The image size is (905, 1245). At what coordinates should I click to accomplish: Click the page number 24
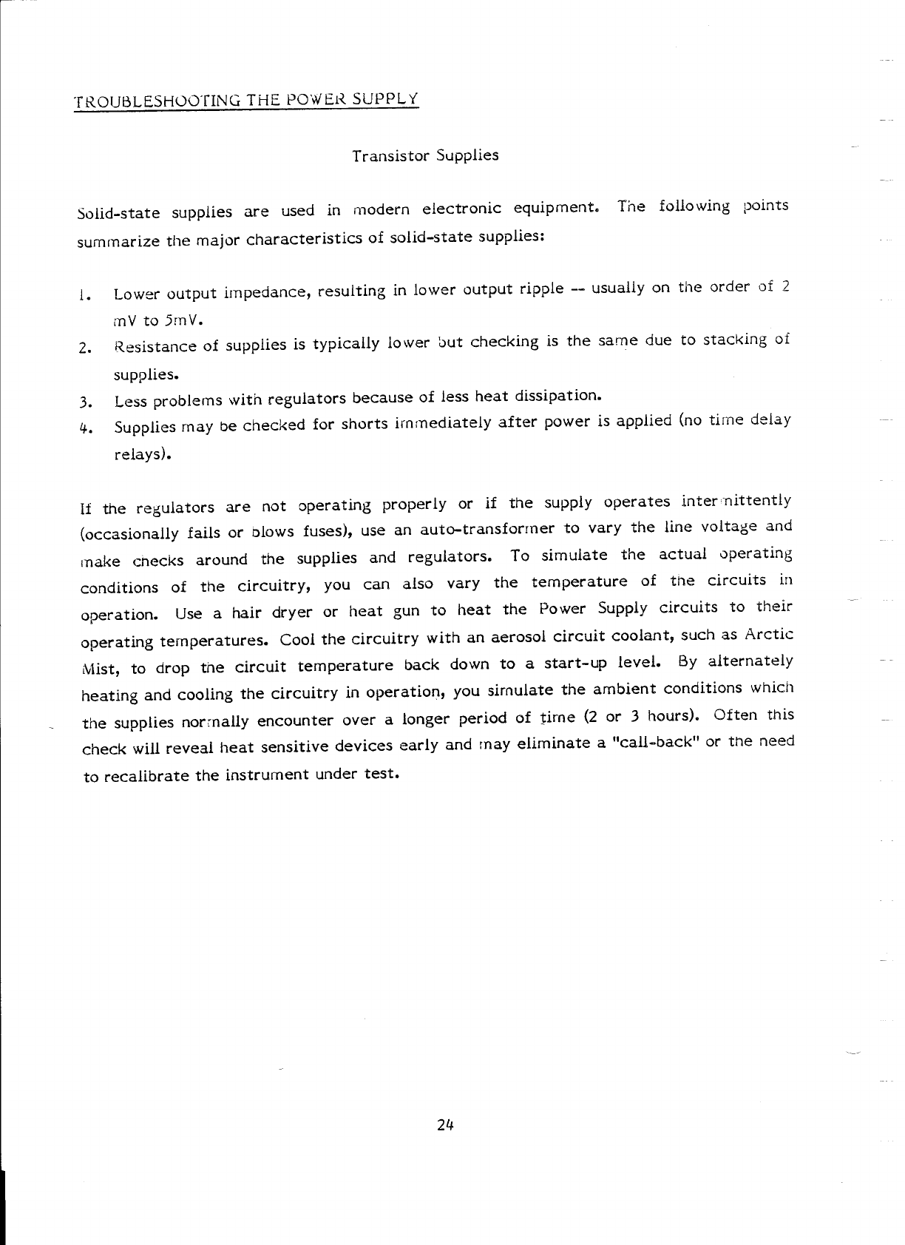[x=444, y=1125]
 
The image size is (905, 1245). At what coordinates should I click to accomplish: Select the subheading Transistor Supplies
[x=425, y=156]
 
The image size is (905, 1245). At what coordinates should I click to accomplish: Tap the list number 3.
[x=86, y=403]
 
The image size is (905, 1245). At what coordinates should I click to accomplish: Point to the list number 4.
[x=86, y=428]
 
